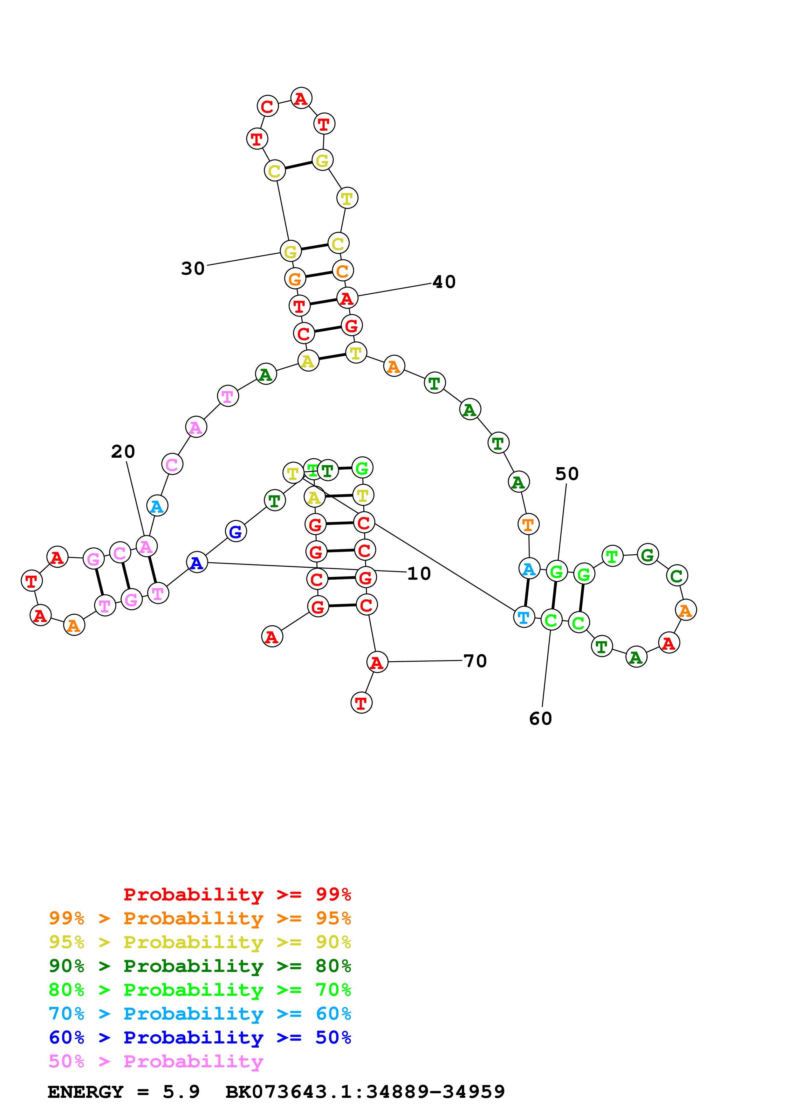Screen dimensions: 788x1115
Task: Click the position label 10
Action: pyautogui.click(x=419, y=573)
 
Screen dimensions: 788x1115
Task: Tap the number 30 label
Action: pyautogui.click(x=193, y=268)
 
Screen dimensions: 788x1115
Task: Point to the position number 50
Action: pyautogui.click(x=566, y=474)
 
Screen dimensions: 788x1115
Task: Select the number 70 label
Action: pyautogui.click(x=475, y=660)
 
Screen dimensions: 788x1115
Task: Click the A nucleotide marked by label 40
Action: pyautogui.click(x=347, y=298)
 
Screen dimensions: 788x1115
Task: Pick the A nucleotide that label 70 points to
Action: pyautogui.click(x=377, y=662)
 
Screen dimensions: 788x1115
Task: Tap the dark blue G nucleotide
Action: pyautogui.click(x=236, y=531)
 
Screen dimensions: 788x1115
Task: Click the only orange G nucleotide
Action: pyautogui.click(x=295, y=279)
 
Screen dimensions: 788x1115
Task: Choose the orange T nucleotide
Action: pyautogui.click(x=528, y=524)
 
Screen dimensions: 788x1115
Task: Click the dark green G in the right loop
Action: pyautogui.click(x=647, y=555)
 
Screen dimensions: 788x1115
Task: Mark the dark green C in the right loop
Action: pyautogui.click(x=676, y=576)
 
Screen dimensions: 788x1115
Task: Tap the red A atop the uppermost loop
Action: pyautogui.click(x=301, y=99)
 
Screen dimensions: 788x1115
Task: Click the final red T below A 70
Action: pyautogui.click(x=361, y=703)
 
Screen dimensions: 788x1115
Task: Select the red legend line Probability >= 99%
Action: pyautogui.click(x=237, y=894)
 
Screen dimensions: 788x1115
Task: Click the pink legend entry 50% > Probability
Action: pyautogui.click(x=156, y=1061)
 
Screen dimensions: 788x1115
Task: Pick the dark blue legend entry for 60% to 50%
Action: pyautogui.click(x=200, y=1037)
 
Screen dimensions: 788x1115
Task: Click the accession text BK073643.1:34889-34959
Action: pyautogui.click(x=365, y=1092)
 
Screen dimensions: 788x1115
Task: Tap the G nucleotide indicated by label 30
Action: pyautogui.click(x=290, y=251)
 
